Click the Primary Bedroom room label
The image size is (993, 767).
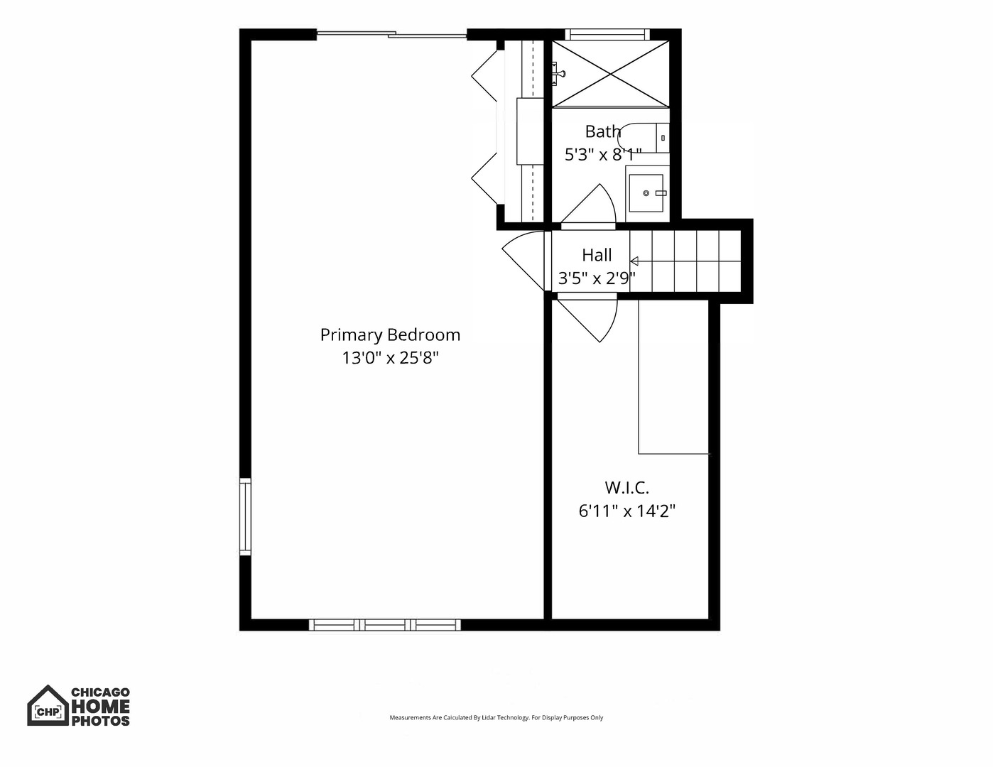(390, 334)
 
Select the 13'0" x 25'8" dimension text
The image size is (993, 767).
(390, 358)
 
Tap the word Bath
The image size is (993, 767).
(602, 131)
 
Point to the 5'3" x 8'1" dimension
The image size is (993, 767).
(602, 154)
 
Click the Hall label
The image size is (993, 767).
(597, 255)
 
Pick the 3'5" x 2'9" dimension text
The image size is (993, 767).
(597, 278)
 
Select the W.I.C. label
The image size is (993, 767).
(626, 488)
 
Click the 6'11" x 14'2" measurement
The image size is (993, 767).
(626, 511)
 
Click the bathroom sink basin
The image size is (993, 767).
(647, 193)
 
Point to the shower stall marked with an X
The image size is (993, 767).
(611, 74)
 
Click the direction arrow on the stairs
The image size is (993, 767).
(634, 261)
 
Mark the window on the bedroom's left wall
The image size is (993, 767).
(245, 516)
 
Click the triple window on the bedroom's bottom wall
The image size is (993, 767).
(385, 625)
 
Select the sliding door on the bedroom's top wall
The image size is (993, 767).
(391, 33)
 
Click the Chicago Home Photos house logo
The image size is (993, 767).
(48, 706)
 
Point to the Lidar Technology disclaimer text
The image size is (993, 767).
(496, 717)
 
